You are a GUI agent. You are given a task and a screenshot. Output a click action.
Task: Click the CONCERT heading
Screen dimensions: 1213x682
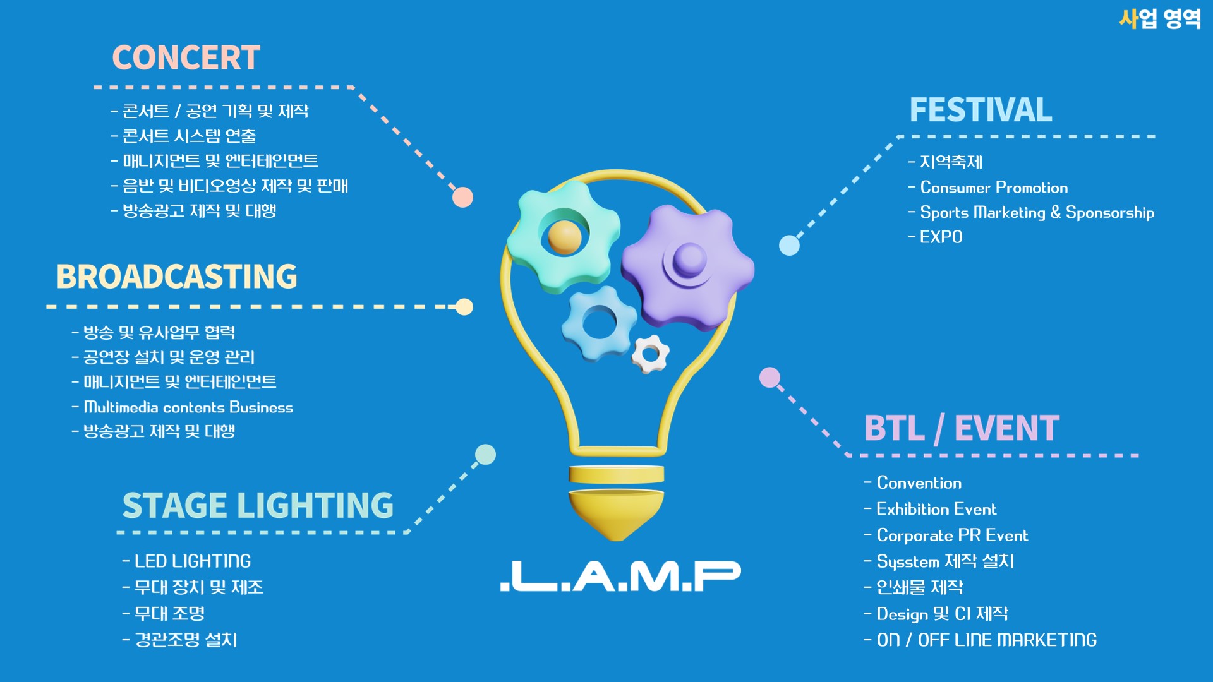[186, 57]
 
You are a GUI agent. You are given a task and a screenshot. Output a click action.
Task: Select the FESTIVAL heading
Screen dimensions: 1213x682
[981, 110]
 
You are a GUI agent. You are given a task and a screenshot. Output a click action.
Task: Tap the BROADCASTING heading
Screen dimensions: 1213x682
[177, 277]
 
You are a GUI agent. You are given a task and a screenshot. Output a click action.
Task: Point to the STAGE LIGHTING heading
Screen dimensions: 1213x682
[258, 505]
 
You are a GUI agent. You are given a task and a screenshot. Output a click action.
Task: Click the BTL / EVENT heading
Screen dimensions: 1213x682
[962, 428]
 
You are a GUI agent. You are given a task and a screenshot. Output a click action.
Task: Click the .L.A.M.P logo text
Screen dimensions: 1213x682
[620, 575]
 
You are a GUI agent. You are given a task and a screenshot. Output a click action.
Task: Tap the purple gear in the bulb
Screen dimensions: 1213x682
[689, 266]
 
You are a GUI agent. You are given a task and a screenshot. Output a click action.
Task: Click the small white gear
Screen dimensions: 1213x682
[650, 354]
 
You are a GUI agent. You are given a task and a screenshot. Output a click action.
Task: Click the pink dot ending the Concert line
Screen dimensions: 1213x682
[462, 198]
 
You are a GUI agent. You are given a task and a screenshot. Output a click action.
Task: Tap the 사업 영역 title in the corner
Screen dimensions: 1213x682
[1160, 19]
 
